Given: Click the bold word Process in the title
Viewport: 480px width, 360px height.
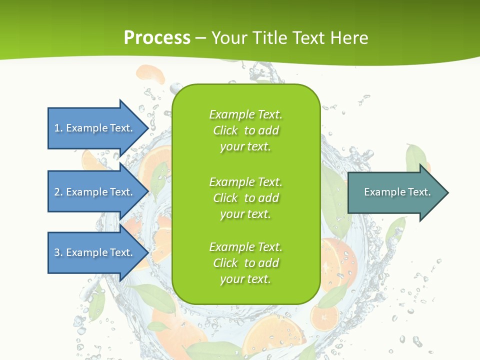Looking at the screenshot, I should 157,37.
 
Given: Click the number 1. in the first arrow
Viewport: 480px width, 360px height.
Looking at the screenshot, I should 58,128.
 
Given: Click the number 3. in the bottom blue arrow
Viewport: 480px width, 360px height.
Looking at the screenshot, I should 58,252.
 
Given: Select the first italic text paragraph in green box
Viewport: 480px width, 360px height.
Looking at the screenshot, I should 245,130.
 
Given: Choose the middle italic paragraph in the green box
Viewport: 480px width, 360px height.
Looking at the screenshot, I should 245,197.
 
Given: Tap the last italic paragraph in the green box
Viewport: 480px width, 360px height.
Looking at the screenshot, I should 245,263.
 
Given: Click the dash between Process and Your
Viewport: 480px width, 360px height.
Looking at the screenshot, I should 201,38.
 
